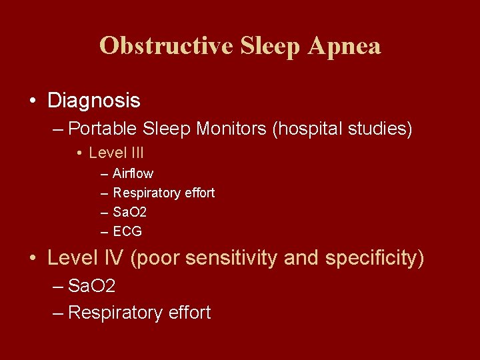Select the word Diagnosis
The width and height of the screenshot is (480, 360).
94,101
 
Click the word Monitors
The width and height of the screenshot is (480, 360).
231,128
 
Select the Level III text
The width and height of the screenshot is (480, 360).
116,153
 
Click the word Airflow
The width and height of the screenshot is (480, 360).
133,173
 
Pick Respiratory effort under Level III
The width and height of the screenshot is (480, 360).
164,193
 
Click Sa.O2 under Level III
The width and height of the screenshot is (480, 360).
130,212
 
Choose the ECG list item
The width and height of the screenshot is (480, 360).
127,231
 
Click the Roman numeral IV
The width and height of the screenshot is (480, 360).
113,258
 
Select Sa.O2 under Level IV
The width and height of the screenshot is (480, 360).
92,287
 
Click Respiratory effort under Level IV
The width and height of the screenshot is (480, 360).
139,312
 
